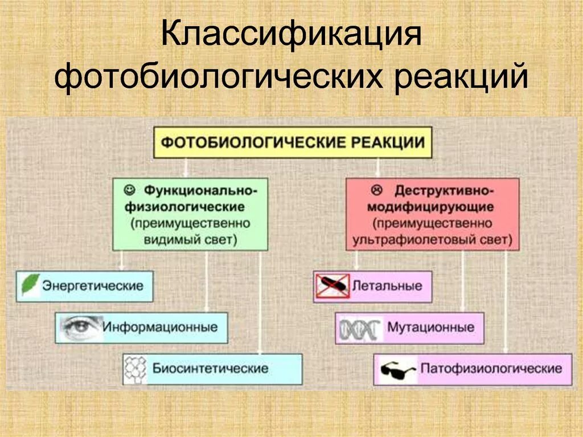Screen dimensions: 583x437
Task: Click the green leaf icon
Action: click(x=30, y=284)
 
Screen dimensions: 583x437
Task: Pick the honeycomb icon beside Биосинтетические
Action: click(x=136, y=368)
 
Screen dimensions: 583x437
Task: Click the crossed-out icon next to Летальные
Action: click(x=332, y=285)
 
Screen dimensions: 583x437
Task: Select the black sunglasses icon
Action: click(x=397, y=369)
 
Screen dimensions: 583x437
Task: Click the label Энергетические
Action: click(x=92, y=285)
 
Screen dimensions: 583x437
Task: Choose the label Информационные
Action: click(x=160, y=327)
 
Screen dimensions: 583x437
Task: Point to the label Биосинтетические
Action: click(x=210, y=368)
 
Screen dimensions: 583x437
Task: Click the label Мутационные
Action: click(x=430, y=328)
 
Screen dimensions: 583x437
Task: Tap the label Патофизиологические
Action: click(x=491, y=368)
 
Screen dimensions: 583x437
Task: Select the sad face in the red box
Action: click(x=375, y=188)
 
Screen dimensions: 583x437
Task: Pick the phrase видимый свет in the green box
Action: click(x=190, y=239)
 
